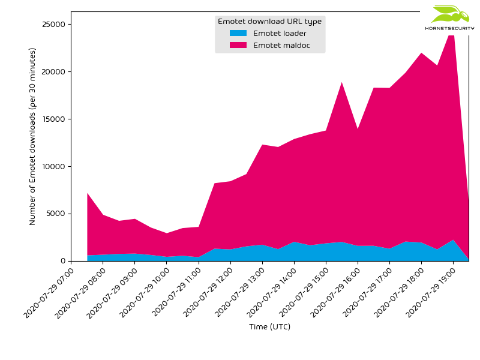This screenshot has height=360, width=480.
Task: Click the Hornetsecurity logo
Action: coord(449,18)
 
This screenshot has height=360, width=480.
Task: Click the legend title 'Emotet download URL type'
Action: coord(269,22)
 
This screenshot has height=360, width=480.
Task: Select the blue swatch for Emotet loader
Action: coord(238,34)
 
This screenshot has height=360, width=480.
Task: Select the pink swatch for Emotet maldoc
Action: coord(238,46)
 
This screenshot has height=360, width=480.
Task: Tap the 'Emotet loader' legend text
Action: coord(280,34)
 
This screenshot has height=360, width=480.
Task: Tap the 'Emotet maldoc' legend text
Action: coord(281,46)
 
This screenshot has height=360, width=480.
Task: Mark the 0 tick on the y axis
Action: coord(62,261)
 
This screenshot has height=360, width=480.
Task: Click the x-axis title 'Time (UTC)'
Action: coord(269,327)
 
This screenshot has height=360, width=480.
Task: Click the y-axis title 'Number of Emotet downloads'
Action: coord(33,136)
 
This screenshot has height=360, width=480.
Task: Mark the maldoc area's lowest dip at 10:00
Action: coord(166,233)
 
